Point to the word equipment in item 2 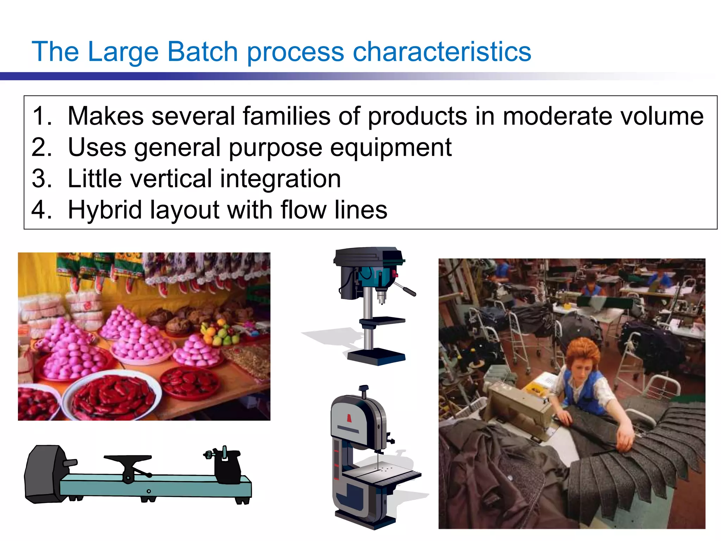click(391, 148)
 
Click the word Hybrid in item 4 click(105, 210)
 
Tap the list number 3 click(41, 179)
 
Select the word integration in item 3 click(280, 179)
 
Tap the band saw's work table click(384, 474)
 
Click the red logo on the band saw click(349, 418)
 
